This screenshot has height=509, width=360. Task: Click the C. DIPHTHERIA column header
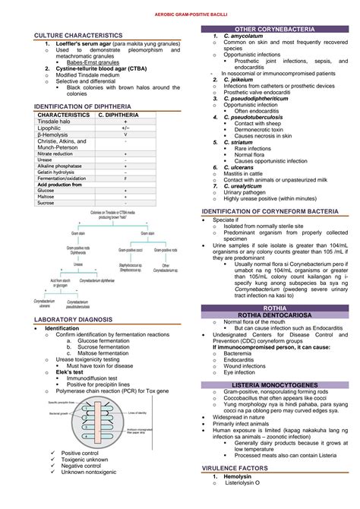[118, 114]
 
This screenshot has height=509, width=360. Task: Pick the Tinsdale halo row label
[55, 121]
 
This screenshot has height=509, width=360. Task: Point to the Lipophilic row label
[51, 128]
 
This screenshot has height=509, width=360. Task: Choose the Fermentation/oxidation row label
[60, 178]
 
